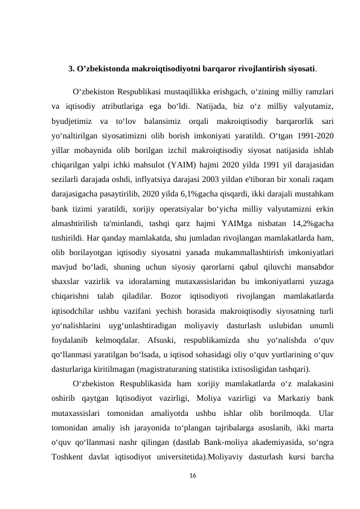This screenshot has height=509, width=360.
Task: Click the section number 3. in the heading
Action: point(71,68)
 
